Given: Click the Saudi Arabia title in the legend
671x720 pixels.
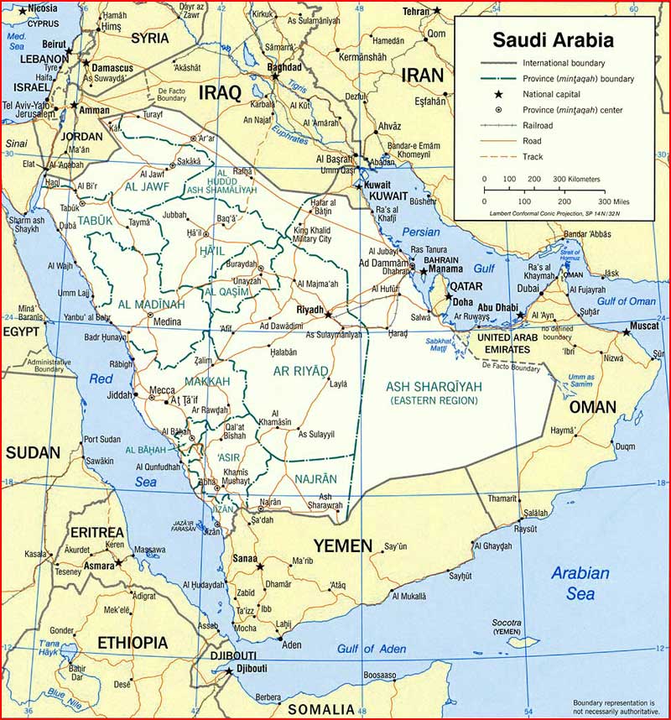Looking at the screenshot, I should (552, 39).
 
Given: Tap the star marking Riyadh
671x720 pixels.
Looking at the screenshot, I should (328, 315).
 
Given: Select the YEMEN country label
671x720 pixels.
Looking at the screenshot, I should (342, 546).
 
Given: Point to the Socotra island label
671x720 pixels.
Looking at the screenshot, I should (507, 623).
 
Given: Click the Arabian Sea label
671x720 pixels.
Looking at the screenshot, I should (579, 584).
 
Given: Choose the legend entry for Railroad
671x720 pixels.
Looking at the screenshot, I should (538, 125).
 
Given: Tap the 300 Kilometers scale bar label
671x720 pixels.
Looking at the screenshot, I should (575, 180).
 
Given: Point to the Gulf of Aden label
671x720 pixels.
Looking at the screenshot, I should (372, 649).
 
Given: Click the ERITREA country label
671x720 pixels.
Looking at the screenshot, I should (96, 533).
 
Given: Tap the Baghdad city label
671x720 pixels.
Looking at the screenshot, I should (284, 66).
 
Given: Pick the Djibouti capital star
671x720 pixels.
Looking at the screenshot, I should (227, 670).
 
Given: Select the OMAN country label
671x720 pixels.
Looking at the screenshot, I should (593, 408).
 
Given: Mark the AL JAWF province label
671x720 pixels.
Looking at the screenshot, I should (148, 186).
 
